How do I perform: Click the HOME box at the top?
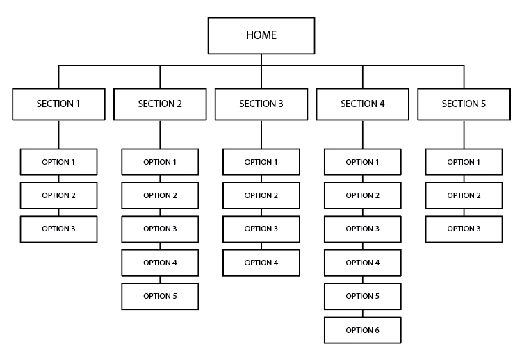[x=261, y=35]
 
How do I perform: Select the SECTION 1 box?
[x=58, y=104]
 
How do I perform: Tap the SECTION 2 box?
[x=160, y=104]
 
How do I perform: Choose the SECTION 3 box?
[x=261, y=104]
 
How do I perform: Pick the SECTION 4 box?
[x=362, y=104]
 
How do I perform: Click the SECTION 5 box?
[x=464, y=104]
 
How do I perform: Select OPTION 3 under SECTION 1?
[x=58, y=229]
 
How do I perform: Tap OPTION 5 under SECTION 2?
[x=160, y=296]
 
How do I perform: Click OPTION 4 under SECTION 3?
[x=261, y=263]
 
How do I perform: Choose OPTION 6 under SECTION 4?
[x=362, y=329]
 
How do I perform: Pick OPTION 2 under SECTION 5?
[x=464, y=195]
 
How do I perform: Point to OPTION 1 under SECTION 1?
[x=58, y=162]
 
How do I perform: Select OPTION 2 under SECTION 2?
[x=160, y=195]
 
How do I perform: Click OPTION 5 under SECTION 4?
[x=362, y=296]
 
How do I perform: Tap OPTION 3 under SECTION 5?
[x=464, y=229]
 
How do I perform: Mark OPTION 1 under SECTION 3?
[x=261, y=162]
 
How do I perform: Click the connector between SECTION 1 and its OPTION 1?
[x=58, y=134]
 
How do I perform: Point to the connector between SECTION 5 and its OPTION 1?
[x=464, y=134]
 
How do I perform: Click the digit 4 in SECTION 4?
[x=382, y=104]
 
